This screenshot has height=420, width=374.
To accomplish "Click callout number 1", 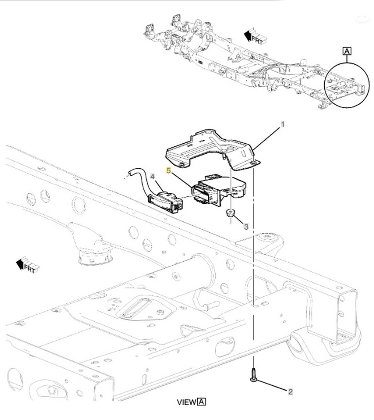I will [x=282, y=125].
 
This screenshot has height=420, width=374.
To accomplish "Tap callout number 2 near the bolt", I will [x=290, y=392].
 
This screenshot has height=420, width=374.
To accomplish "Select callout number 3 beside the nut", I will [x=246, y=226].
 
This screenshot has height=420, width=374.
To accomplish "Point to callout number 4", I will [x=153, y=176].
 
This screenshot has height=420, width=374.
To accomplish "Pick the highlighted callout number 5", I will [x=168, y=170].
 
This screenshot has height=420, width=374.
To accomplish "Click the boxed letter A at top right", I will [x=347, y=51].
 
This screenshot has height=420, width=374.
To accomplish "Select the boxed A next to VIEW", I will [x=202, y=402].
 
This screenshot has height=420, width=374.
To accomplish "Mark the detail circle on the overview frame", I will [x=347, y=85].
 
